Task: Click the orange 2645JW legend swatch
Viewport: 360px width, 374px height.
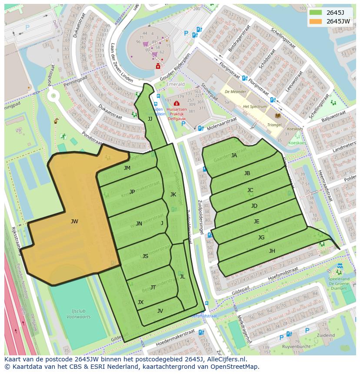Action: [x=316, y=21]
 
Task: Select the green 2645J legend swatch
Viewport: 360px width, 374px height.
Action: [x=316, y=13]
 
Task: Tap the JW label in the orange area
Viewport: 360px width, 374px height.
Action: [x=74, y=222]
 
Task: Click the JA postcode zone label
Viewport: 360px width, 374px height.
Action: [x=234, y=156]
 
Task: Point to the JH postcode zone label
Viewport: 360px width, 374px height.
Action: [x=272, y=251]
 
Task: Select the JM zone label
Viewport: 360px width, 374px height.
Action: [x=127, y=168]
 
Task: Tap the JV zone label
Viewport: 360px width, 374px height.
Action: [x=160, y=311]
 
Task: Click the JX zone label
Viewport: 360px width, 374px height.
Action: [x=140, y=302]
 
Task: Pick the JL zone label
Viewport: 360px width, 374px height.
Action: [x=182, y=277]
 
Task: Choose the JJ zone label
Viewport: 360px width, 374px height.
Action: [x=150, y=119]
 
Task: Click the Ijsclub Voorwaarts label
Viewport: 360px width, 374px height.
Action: [x=79, y=314]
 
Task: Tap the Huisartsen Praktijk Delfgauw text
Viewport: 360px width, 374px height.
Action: [x=177, y=113]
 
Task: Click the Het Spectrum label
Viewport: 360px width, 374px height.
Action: [x=255, y=106]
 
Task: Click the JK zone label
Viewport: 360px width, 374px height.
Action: [x=173, y=195]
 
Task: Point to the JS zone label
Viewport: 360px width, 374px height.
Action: [x=145, y=256]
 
